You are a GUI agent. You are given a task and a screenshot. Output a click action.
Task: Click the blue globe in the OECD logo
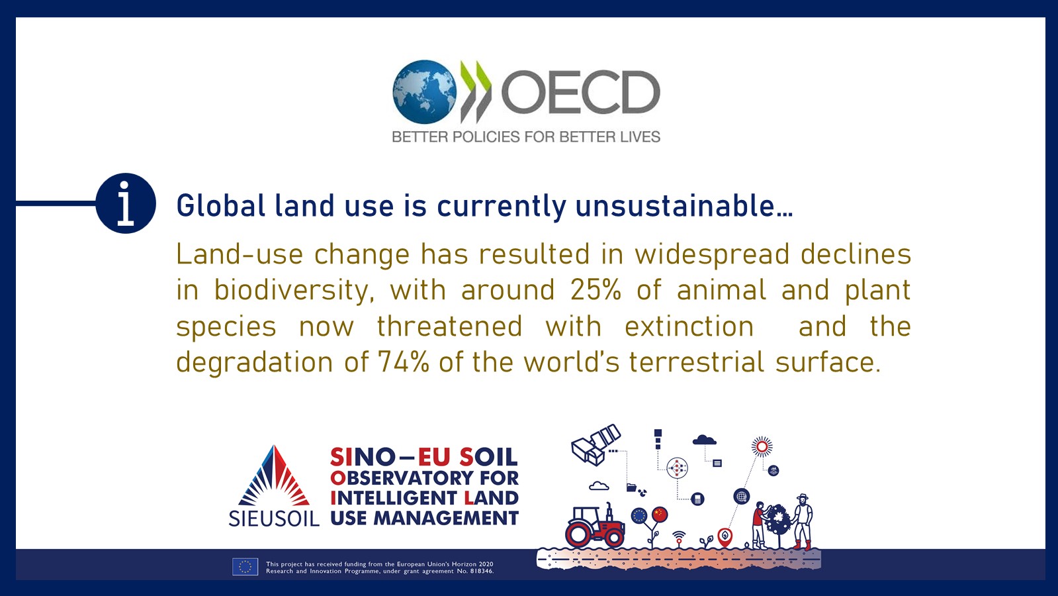(x=425, y=91)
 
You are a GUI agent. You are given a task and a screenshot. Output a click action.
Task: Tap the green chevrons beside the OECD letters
(x=476, y=91)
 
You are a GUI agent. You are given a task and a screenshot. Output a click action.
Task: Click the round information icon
(x=126, y=203)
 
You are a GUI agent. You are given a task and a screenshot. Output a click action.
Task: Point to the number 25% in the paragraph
(x=595, y=290)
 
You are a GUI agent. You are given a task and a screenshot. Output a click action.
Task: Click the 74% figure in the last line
(x=404, y=362)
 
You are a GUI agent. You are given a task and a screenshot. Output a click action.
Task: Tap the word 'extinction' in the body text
(x=689, y=326)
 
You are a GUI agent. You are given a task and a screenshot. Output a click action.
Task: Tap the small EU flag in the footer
(x=245, y=567)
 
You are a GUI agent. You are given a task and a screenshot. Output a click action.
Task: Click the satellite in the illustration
(x=596, y=445)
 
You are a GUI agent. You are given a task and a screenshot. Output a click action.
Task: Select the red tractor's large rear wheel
(x=578, y=534)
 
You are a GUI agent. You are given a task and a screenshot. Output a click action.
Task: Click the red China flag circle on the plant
(x=660, y=515)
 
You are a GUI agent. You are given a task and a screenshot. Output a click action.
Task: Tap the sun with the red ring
(x=762, y=446)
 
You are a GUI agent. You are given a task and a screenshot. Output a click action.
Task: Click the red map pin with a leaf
(x=725, y=537)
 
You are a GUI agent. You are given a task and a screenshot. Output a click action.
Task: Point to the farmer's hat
(x=803, y=497)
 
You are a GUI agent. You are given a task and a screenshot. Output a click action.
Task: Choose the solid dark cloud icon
(x=704, y=440)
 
